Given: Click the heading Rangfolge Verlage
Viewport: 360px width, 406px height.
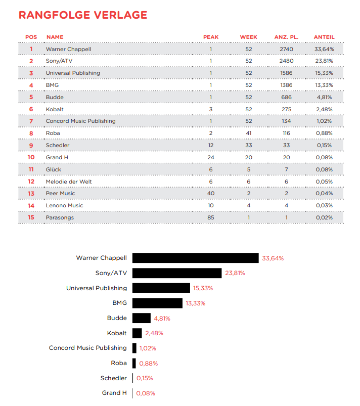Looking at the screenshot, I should pyautogui.click(x=83, y=15).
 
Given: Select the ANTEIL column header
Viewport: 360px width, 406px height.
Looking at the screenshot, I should pyautogui.click(x=324, y=37).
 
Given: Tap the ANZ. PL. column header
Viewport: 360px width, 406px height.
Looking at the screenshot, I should pyautogui.click(x=286, y=37).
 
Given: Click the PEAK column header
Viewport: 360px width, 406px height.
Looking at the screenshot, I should pyautogui.click(x=211, y=37).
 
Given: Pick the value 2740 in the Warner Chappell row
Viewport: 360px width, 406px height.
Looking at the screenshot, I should pyautogui.click(x=286, y=49).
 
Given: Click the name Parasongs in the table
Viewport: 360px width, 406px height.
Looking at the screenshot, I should pyautogui.click(x=59, y=217).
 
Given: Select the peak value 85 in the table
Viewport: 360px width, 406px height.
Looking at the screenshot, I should pyautogui.click(x=211, y=217).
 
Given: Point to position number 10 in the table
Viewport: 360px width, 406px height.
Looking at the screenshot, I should pyautogui.click(x=31, y=157).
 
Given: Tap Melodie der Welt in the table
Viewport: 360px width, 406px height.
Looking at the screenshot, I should pyautogui.click(x=69, y=182).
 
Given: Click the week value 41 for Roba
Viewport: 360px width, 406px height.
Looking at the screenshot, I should pyautogui.click(x=249, y=133).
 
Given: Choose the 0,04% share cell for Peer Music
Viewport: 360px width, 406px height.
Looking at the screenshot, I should pyautogui.click(x=324, y=194).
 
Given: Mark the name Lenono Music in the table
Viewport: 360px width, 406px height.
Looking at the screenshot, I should pyautogui.click(x=65, y=206).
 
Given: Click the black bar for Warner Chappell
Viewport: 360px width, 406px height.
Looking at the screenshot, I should pyautogui.click(x=195, y=258).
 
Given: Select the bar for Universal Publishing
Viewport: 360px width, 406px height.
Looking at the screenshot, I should pyautogui.click(x=161, y=288).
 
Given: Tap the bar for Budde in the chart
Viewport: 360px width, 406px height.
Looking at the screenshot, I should pyautogui.click(x=142, y=318).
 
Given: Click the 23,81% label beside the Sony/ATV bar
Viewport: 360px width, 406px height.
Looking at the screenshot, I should pyautogui.click(x=235, y=273).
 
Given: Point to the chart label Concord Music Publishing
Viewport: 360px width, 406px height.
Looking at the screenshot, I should pyautogui.click(x=88, y=348).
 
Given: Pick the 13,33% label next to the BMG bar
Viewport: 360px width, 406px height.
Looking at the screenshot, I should pyautogui.click(x=196, y=303).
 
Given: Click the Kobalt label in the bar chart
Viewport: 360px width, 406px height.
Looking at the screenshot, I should pyautogui.click(x=117, y=333).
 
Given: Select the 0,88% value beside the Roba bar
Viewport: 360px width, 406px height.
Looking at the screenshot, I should pyautogui.click(x=148, y=363).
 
